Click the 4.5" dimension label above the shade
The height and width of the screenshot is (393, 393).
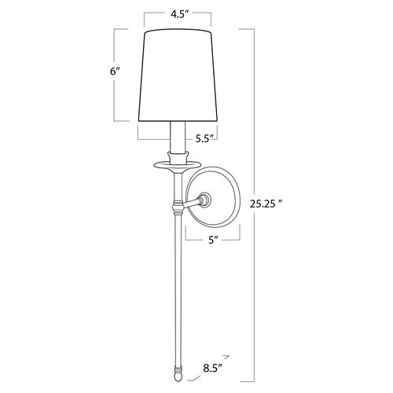[180, 14]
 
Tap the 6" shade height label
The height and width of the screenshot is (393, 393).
[115, 72]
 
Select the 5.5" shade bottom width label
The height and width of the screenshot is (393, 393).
[205, 139]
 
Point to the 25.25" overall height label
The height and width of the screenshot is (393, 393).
[266, 204]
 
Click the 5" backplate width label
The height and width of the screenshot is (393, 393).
[213, 241]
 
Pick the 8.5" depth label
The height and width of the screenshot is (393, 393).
[212, 368]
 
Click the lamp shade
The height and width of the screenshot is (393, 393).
[178, 75]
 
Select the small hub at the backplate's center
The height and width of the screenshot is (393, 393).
[204, 200]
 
